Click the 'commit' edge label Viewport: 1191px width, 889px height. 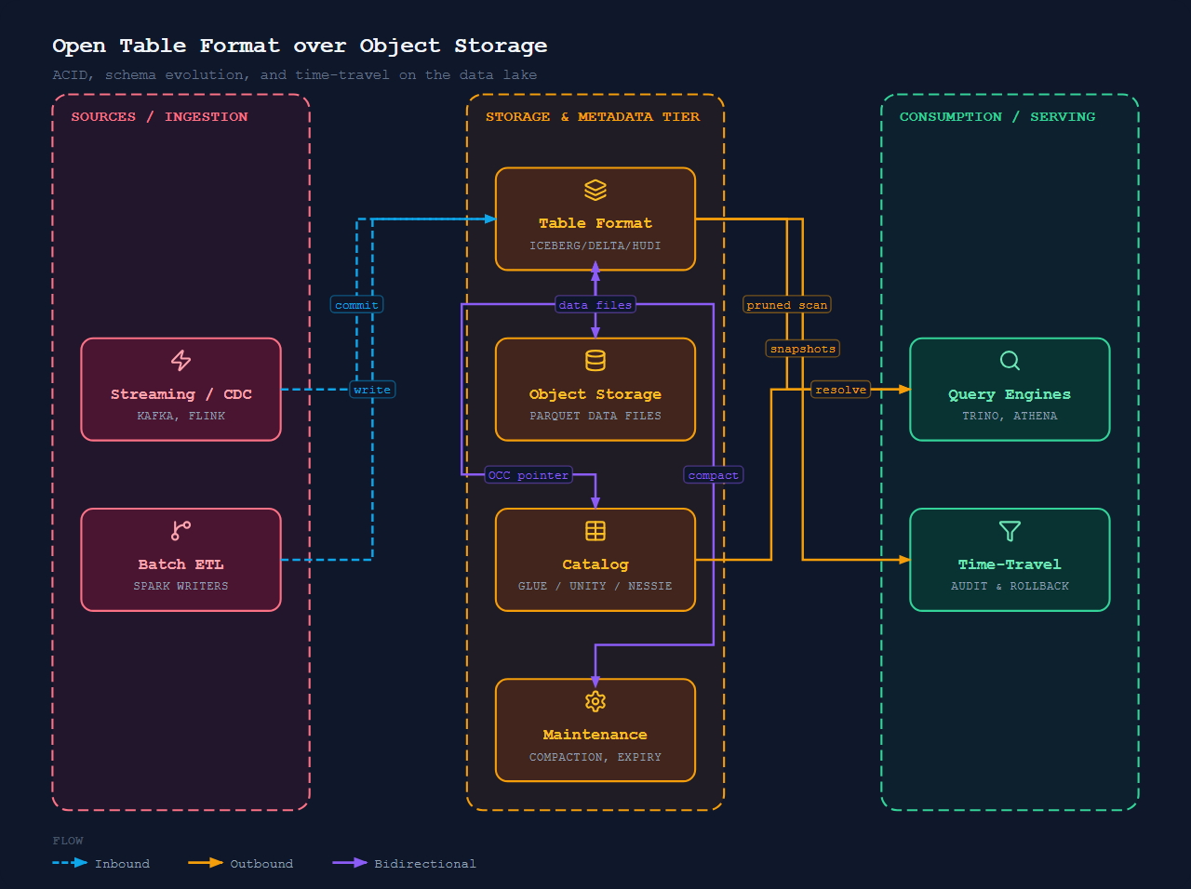[x=356, y=305]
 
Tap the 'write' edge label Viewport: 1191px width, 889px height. [x=372, y=390]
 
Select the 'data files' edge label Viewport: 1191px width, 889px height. [x=595, y=305]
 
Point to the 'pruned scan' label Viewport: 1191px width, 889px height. [x=787, y=305]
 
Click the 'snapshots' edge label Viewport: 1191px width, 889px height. [x=802, y=349]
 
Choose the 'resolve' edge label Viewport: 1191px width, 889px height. [x=840, y=390]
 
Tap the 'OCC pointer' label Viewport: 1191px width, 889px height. [x=528, y=475]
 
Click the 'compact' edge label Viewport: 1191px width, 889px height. [x=713, y=475]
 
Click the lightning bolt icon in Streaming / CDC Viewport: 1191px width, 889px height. [x=181, y=361]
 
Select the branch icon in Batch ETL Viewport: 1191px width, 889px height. [x=181, y=531]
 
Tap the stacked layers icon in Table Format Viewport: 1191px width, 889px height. [x=595, y=191]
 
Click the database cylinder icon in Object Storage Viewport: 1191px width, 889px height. [x=595, y=361]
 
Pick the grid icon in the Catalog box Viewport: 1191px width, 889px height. [x=595, y=531]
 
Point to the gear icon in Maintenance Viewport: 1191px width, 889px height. [x=595, y=701]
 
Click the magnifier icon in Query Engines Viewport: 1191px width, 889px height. [x=1010, y=361]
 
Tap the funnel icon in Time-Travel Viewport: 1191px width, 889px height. [x=1010, y=531]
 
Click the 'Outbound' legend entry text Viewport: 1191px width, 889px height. [x=261, y=864]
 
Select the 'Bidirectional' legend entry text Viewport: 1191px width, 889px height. [x=425, y=864]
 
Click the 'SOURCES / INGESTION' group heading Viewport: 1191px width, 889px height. [x=159, y=116]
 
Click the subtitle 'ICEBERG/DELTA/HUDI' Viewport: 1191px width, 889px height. [x=595, y=245]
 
